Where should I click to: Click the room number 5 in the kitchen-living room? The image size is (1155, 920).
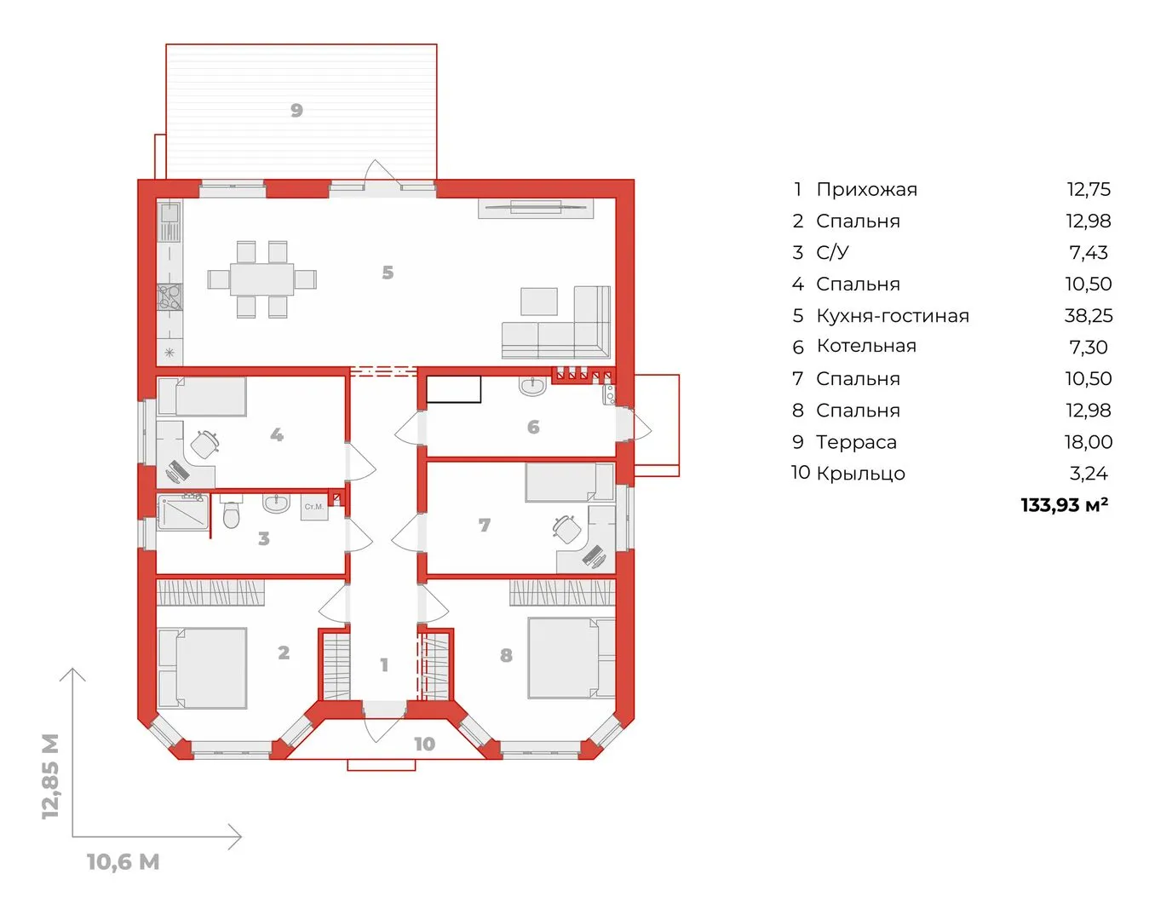click(388, 273)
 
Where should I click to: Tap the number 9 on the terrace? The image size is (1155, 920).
click(296, 111)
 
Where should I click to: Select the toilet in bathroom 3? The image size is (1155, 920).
click(231, 515)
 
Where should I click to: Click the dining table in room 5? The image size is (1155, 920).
click(261, 279)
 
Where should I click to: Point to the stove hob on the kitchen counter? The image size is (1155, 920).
click(170, 296)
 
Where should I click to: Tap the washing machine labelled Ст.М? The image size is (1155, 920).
click(314, 507)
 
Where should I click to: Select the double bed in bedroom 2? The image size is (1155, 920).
click(203, 668)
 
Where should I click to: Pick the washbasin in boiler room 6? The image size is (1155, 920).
click(532, 385)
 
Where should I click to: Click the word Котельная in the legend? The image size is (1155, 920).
click(866, 346)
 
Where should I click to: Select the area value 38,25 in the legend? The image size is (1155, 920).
click(1089, 316)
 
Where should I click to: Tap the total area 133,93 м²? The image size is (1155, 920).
click(1065, 505)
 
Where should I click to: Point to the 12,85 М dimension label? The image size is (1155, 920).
click(51, 776)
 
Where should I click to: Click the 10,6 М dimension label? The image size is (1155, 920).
click(124, 862)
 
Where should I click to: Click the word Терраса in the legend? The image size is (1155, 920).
click(857, 442)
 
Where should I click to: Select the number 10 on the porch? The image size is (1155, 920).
click(424, 744)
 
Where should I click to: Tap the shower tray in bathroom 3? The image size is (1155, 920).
click(183, 512)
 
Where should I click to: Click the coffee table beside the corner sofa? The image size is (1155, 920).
click(539, 301)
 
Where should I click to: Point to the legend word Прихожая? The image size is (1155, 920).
click(867, 189)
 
